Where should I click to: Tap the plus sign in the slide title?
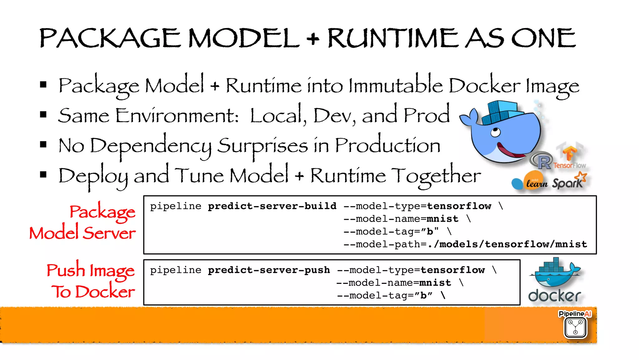click(313, 39)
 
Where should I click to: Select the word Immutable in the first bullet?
click(395, 85)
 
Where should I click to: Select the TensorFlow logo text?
click(569, 165)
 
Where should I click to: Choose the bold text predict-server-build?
click(272, 206)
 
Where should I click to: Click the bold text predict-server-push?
click(269, 270)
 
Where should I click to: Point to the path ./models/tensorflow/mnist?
click(507, 244)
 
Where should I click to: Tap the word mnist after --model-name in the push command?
click(435, 283)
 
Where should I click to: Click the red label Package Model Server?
click(83, 222)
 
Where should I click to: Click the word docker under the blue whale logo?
click(554, 296)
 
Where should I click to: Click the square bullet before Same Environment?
click(43, 115)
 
